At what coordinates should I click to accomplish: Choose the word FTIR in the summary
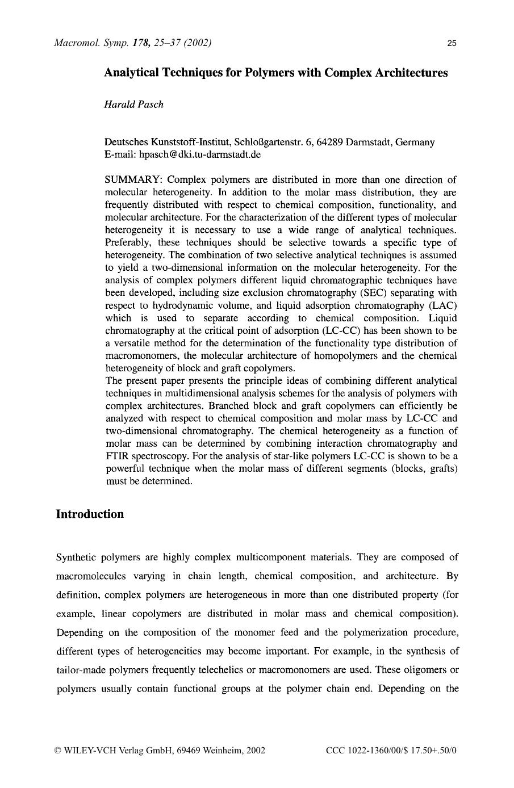click(x=117, y=456)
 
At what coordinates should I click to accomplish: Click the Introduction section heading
click(x=90, y=514)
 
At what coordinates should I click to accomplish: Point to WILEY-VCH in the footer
click(x=90, y=750)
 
